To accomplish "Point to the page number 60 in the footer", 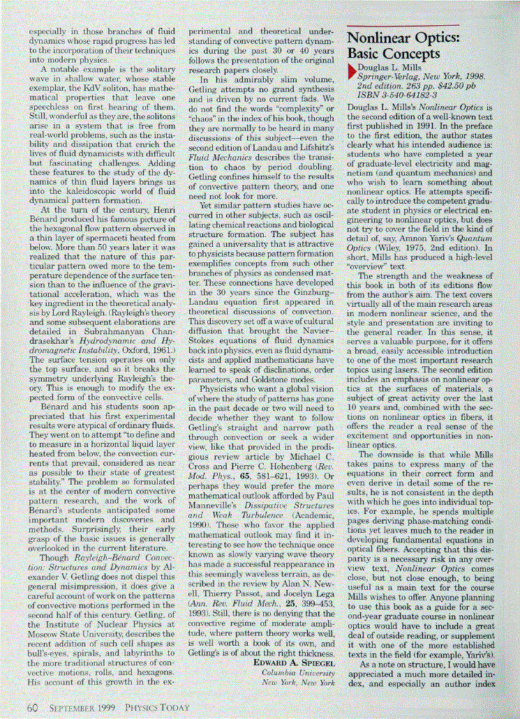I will point(31,707).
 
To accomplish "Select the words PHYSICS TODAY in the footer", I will point(156,708).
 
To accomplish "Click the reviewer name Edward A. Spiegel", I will point(293,662).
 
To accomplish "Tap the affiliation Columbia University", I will point(298,672).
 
